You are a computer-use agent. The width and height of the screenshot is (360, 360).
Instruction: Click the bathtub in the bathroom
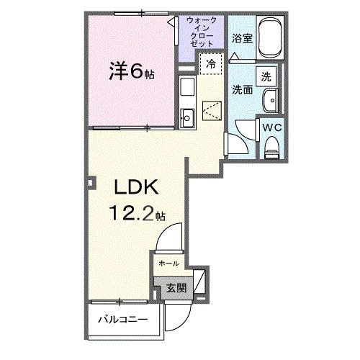click(271, 37)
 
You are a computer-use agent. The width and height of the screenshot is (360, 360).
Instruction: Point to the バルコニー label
click(123, 318)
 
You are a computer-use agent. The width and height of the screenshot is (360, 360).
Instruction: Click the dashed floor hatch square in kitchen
click(212, 112)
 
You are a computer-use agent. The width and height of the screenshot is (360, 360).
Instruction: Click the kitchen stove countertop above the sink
click(186, 89)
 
